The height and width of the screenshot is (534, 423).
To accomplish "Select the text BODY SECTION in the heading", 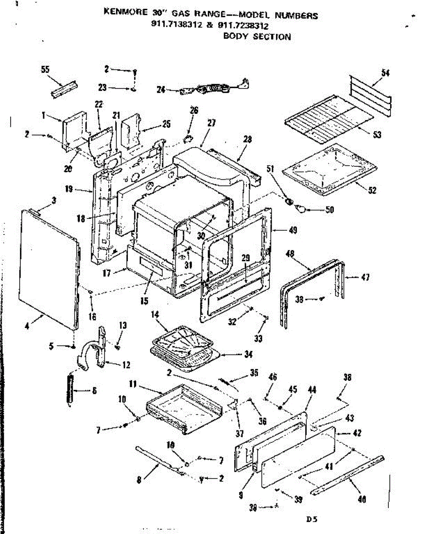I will (x=257, y=36).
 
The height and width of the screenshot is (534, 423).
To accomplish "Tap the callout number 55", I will (x=45, y=70).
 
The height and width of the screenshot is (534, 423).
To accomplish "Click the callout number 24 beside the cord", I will (x=161, y=90).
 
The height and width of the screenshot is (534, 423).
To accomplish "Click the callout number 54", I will (x=386, y=73).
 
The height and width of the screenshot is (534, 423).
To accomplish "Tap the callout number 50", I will (x=329, y=210).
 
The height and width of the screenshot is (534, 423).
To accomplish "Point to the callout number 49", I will (x=293, y=231).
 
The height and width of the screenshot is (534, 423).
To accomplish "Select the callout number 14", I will (x=155, y=314).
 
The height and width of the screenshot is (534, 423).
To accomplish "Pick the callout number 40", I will (x=362, y=500).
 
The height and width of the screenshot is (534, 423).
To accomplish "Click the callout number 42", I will (x=357, y=433).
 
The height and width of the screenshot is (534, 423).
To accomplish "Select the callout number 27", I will (x=211, y=123).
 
